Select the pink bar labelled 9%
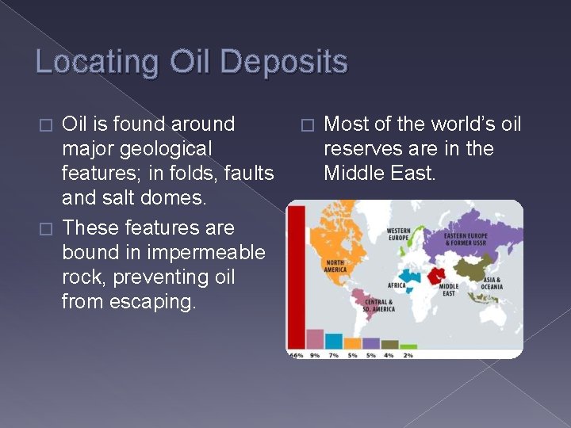coord(315,338)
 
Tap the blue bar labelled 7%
coord(334,341)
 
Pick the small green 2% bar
coord(408,346)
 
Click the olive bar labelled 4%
coord(389,345)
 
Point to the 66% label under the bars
coord(295,354)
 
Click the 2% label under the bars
coord(408,354)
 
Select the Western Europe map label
coord(398,235)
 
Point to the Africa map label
coord(396,285)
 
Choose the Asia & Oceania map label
coord(492,283)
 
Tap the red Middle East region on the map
coord(437,275)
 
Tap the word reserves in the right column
coord(359,148)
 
